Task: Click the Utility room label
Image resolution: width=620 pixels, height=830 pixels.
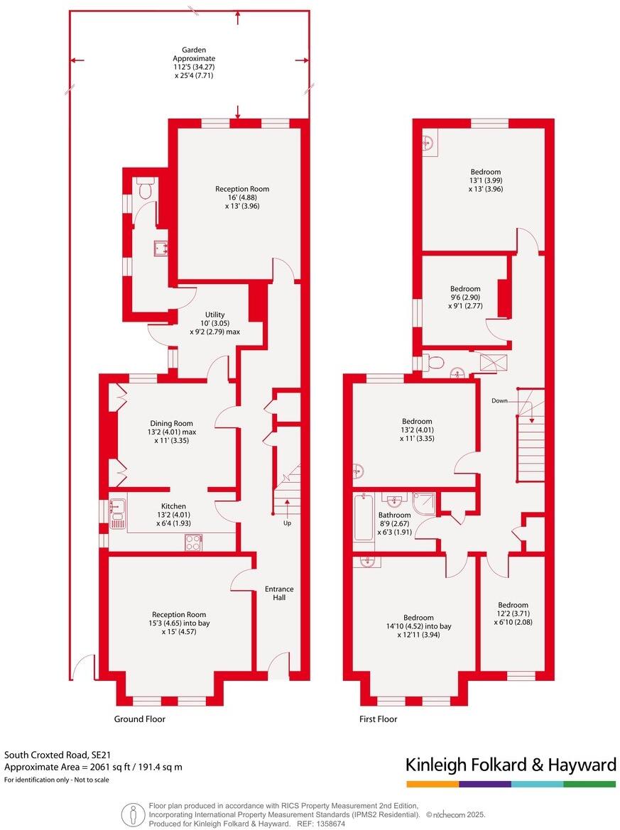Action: [214, 315]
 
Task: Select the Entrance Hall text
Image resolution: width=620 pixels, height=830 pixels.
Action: [279, 593]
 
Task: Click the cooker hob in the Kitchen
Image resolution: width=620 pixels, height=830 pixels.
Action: [193, 542]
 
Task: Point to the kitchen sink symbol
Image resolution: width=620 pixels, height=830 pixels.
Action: [117, 508]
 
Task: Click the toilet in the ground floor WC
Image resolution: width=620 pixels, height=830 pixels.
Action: [146, 189]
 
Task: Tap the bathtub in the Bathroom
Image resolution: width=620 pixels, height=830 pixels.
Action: [364, 518]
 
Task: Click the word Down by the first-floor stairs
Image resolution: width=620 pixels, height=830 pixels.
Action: [500, 401]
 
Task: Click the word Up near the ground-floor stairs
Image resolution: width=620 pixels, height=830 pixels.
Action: [287, 523]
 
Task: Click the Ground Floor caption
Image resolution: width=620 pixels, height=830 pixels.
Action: [140, 719]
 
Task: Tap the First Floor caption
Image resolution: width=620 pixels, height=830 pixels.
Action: [378, 719]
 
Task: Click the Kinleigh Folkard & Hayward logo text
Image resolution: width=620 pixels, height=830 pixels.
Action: [510, 765]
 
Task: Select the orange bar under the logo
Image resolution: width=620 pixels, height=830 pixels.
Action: [432, 784]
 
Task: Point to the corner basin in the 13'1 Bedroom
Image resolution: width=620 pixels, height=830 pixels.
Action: [429, 143]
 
